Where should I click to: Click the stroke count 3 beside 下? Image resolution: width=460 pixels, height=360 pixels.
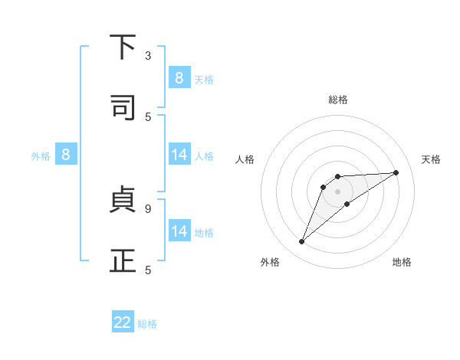[x=148, y=56]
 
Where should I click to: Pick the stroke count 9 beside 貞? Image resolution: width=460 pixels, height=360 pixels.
[x=148, y=208]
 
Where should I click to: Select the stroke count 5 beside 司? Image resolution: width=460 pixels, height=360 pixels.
[x=148, y=116]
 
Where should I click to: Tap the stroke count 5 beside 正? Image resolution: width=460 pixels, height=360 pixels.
[x=148, y=270]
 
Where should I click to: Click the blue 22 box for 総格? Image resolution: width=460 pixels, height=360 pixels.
[x=123, y=322]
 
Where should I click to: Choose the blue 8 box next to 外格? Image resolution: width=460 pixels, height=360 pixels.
[x=66, y=155]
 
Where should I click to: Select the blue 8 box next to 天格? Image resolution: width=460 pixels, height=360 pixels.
[x=179, y=77]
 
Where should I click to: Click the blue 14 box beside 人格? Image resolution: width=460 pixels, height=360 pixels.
[x=179, y=155]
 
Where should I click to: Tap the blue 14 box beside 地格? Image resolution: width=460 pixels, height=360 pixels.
[x=179, y=231]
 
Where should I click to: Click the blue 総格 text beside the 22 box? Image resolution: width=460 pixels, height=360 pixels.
[x=147, y=324]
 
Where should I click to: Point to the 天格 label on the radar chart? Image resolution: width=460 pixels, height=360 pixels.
[x=431, y=159]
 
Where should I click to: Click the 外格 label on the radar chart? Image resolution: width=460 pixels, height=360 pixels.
[x=270, y=262]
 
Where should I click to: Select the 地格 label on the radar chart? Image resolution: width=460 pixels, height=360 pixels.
[x=402, y=262]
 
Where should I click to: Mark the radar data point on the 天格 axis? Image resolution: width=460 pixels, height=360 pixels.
[x=396, y=172]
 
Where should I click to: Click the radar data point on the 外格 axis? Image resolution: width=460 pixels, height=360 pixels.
[x=302, y=242]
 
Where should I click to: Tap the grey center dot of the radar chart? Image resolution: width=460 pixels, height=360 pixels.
[x=337, y=191]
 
